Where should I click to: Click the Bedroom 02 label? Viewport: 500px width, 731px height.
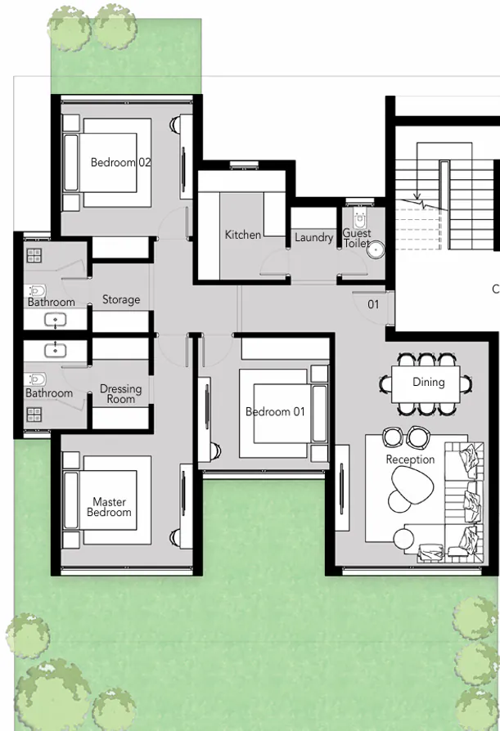pos(120,162)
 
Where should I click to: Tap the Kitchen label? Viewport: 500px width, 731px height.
pos(243,235)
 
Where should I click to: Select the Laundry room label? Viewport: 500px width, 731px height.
pos(314,237)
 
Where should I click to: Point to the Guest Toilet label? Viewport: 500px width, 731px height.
pos(357,238)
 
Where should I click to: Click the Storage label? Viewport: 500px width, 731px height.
pos(120,300)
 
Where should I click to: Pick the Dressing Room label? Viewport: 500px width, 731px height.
pos(120,394)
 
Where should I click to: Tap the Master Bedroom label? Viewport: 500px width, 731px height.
pos(109,507)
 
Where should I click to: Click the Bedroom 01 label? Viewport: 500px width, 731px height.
pos(275,411)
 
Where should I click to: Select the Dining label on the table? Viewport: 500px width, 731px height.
pos(428,382)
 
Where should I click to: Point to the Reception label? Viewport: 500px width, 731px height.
pos(410,460)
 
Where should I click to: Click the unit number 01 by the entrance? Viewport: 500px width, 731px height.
pos(373,304)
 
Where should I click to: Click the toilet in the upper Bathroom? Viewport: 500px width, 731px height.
pos(37,290)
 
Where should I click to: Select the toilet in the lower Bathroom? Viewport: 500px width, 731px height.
pos(37,379)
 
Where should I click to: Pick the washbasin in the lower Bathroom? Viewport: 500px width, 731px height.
pos(55,350)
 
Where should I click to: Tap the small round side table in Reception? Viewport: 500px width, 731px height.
pos(403,538)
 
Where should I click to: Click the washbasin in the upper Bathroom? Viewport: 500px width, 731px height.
pos(55,320)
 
